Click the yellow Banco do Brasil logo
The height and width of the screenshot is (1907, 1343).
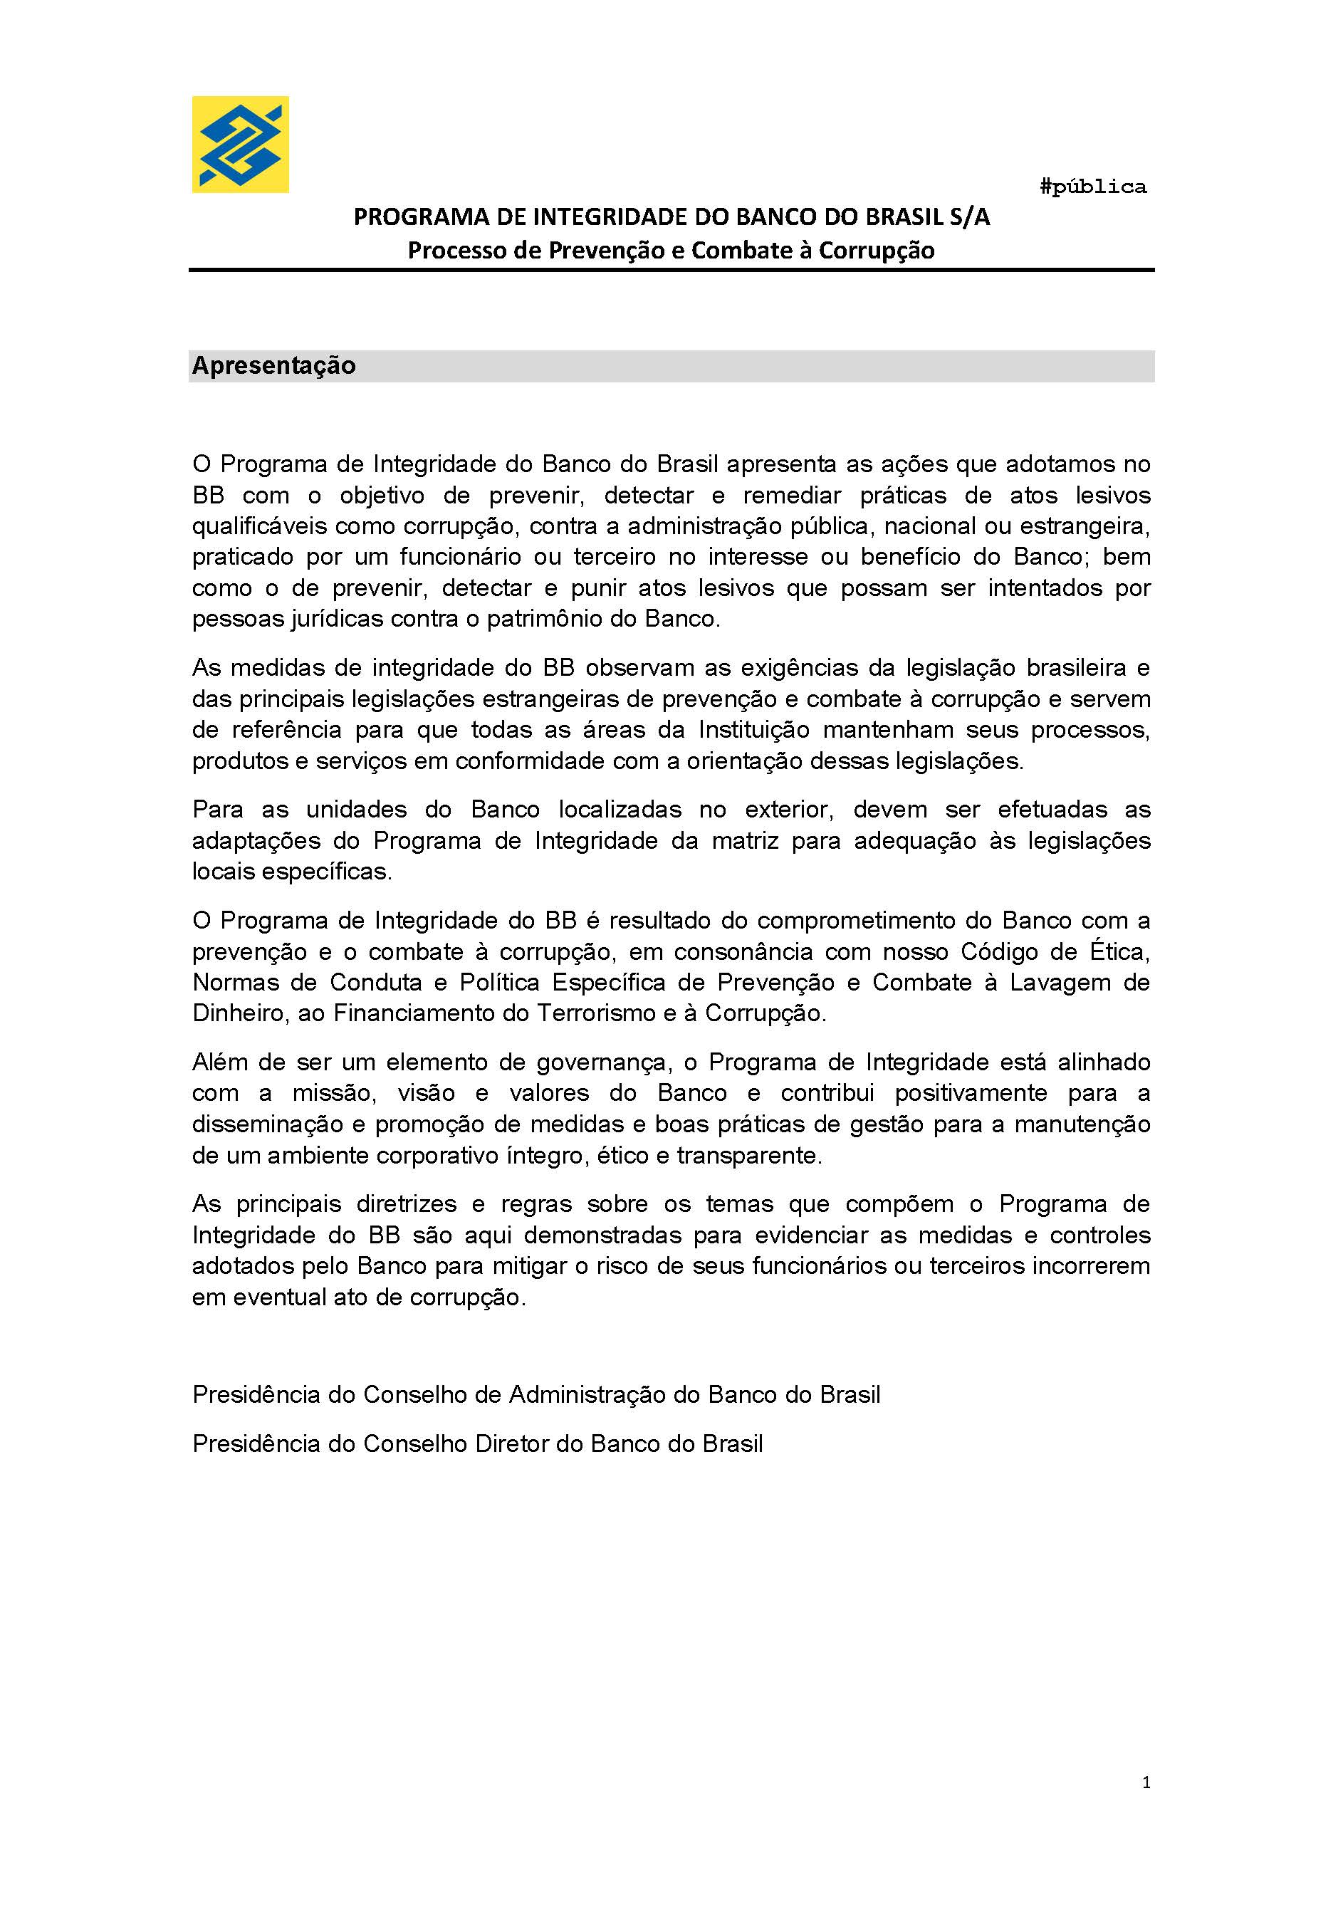(240, 145)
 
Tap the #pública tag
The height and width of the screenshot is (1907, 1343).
(1092, 187)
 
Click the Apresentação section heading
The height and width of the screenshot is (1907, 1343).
(274, 365)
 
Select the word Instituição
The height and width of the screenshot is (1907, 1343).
(753, 730)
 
